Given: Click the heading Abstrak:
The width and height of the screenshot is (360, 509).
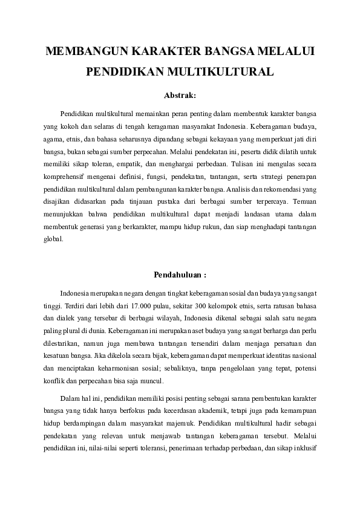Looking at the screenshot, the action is point(180,95).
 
